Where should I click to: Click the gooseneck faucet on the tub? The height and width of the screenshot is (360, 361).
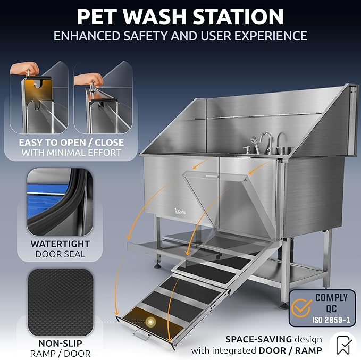point(264,143)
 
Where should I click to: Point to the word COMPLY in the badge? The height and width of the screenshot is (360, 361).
point(332,298)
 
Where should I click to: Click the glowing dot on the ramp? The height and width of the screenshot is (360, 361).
point(151,322)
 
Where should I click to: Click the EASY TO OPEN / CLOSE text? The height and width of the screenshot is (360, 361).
point(71,143)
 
